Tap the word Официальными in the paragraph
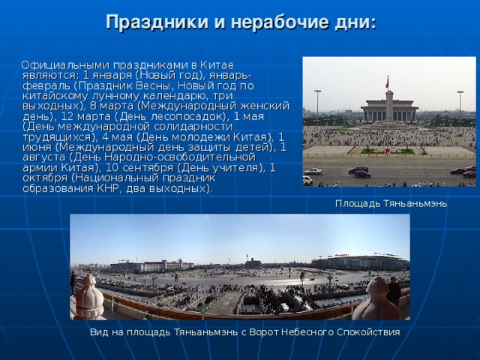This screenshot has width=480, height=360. [65, 65]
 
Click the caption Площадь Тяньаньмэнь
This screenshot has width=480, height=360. [391, 203]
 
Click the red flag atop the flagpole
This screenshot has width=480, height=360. [387, 79]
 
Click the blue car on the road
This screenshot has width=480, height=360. [363, 174]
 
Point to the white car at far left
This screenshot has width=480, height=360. [307, 180]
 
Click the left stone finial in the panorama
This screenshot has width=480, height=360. [90, 298]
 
